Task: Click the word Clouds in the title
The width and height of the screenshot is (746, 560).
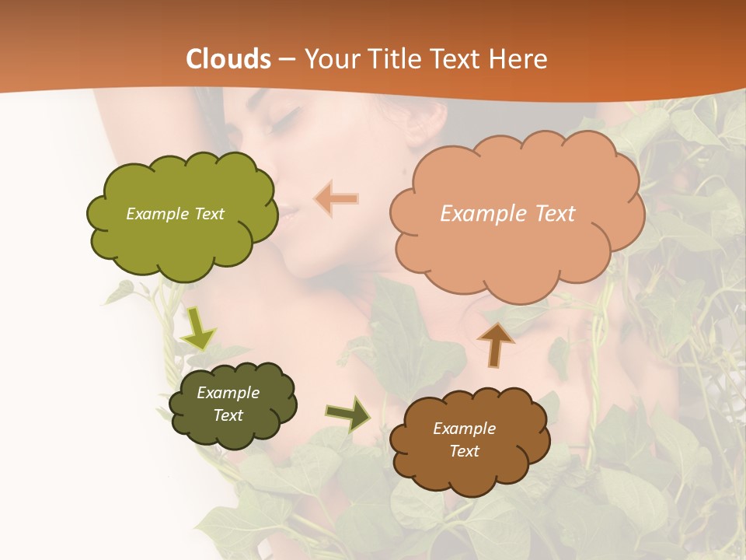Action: (x=228, y=59)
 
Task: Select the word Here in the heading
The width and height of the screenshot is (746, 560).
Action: (x=520, y=59)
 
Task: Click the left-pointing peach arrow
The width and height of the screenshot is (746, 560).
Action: (x=336, y=198)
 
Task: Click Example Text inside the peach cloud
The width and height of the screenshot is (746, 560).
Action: (x=507, y=214)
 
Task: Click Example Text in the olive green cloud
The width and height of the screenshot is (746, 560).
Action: (x=175, y=214)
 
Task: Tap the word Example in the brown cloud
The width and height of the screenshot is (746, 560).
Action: (x=464, y=429)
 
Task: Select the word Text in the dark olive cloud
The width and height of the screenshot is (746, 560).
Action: (x=228, y=415)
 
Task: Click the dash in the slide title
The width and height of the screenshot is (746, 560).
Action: (x=286, y=59)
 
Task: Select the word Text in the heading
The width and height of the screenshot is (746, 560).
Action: (x=455, y=59)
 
